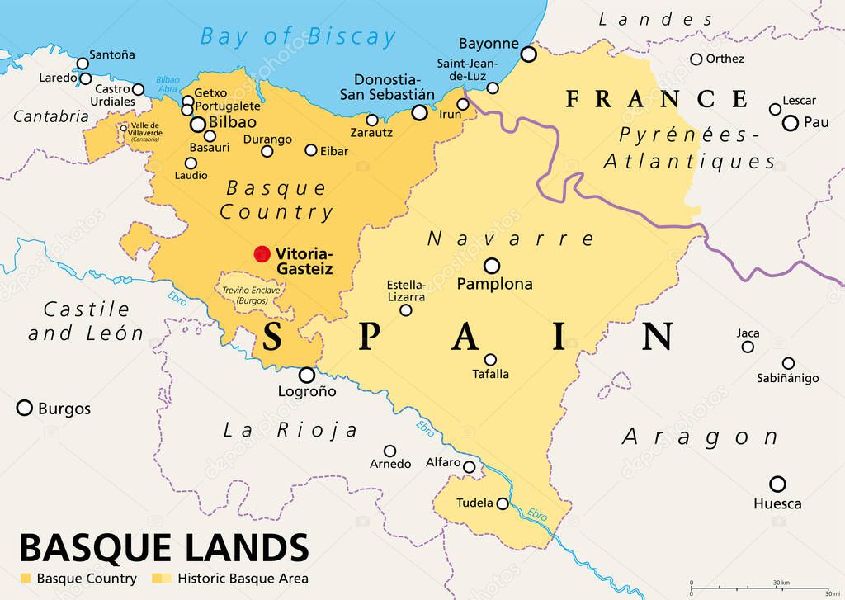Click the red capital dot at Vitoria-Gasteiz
(x=262, y=253)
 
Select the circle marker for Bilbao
(x=198, y=125)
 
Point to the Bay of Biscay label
(x=298, y=36)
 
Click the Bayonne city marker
(x=528, y=54)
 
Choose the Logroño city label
(x=306, y=392)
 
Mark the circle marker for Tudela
(x=503, y=503)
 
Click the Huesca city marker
(x=777, y=484)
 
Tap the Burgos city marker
(x=25, y=408)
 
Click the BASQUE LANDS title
(x=164, y=547)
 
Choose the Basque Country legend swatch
(x=26, y=579)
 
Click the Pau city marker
(x=791, y=123)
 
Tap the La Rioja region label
(x=290, y=430)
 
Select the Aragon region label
(x=700, y=437)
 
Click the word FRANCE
(x=657, y=99)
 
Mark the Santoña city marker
(x=83, y=64)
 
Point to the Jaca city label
(x=748, y=333)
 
